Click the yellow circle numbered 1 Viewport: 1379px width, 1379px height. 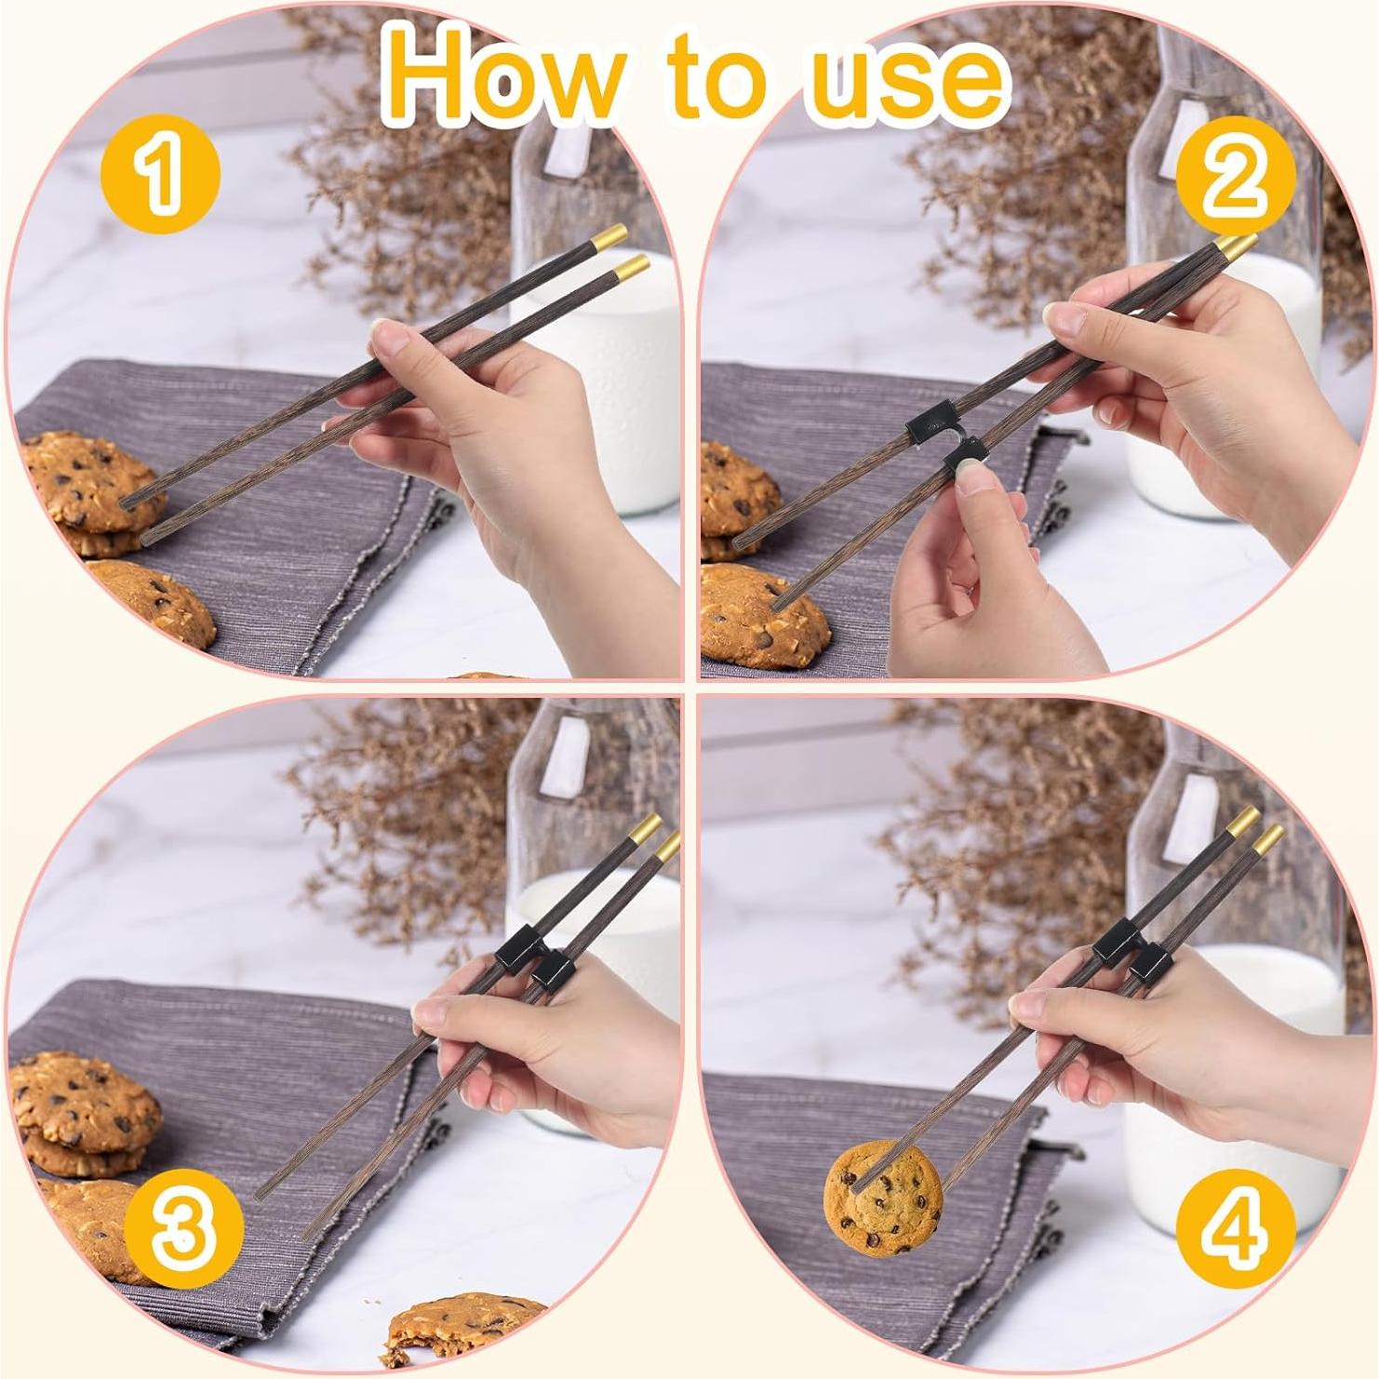(160, 173)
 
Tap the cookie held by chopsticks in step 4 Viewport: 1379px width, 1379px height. (884, 1198)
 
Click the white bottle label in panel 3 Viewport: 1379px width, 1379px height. (565, 760)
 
